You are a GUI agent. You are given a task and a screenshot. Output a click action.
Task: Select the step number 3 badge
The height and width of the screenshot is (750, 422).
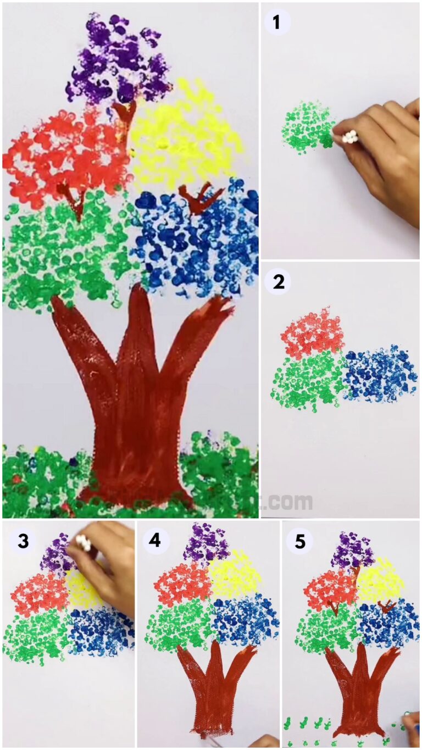click(x=23, y=541)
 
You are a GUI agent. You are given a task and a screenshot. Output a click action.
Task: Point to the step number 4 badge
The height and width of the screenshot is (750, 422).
click(x=155, y=541)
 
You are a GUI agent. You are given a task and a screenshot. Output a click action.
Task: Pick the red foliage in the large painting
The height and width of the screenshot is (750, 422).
click(x=63, y=157)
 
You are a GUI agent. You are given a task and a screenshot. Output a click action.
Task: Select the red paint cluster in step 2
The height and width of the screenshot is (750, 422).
click(x=313, y=332)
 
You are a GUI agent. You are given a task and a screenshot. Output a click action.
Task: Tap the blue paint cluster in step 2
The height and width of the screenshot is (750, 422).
click(x=379, y=374)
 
